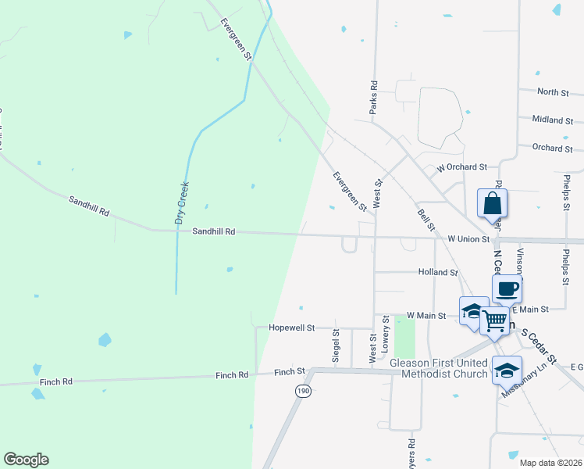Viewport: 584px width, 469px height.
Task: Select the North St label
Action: (x=553, y=92)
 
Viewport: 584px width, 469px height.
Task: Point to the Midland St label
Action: (x=553, y=120)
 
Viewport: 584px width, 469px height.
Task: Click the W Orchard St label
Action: (x=461, y=167)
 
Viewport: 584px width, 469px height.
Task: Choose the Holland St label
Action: (x=437, y=272)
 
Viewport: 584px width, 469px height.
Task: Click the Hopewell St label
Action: (x=291, y=328)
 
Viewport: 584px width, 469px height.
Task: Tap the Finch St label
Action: (x=289, y=372)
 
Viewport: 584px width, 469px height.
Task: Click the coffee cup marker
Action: (x=507, y=288)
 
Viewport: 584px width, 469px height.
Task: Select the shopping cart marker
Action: (x=494, y=320)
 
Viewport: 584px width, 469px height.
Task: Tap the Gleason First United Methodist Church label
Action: (x=437, y=368)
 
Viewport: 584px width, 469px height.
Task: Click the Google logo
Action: (x=26, y=460)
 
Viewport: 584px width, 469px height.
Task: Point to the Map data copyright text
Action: (x=550, y=463)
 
